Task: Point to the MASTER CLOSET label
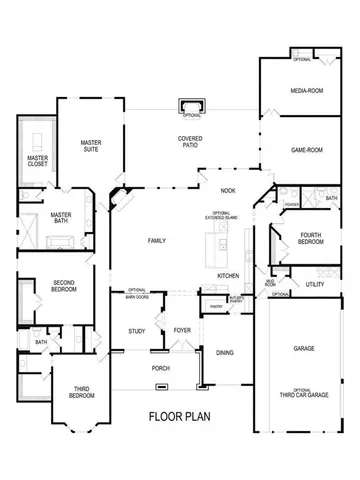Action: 38,161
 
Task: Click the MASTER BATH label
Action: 61,216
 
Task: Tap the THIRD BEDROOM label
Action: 61,391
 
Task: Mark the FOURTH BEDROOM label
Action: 310,239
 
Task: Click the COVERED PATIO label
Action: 192,142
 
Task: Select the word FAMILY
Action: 156,241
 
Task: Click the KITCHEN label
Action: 228,275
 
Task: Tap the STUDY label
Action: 137,330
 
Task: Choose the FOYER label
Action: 182,330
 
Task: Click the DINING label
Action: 224,352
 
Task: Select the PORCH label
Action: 160,366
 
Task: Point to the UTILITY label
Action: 314,285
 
